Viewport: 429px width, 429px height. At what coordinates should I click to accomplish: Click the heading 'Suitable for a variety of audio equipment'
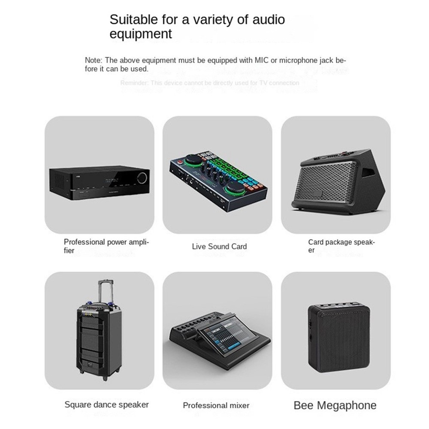coord(197,26)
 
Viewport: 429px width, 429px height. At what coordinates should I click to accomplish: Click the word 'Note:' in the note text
coord(94,60)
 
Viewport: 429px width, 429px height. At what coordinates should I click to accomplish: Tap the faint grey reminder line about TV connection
coord(209,83)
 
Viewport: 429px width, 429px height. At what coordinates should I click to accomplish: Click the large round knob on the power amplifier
coord(143,177)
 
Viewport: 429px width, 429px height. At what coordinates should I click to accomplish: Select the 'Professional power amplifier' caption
coord(106,246)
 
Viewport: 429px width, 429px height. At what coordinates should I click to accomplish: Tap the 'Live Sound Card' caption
coord(219,246)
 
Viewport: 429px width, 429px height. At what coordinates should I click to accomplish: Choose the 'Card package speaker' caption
coord(341,246)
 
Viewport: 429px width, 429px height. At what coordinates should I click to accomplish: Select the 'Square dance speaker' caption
coord(106,404)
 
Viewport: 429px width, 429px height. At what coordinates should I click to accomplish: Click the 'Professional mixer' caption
coord(216,405)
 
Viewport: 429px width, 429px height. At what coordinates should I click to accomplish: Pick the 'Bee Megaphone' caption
coord(335,405)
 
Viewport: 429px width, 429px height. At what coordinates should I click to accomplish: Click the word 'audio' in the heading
coord(266,19)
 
